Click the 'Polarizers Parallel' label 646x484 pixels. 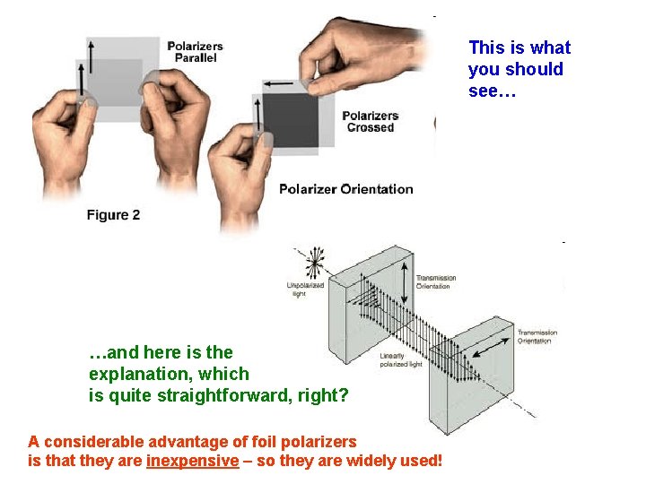pos(195,52)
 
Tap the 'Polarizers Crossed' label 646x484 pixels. pos(370,121)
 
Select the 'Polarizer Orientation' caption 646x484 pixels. pos(345,189)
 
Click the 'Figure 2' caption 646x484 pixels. pos(113,215)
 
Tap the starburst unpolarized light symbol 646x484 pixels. pos(313,263)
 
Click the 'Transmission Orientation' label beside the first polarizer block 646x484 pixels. pos(437,281)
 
